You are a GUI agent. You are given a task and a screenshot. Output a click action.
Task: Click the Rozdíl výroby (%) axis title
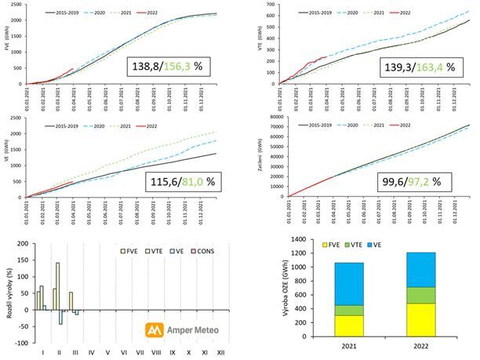(x=7, y=290)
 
